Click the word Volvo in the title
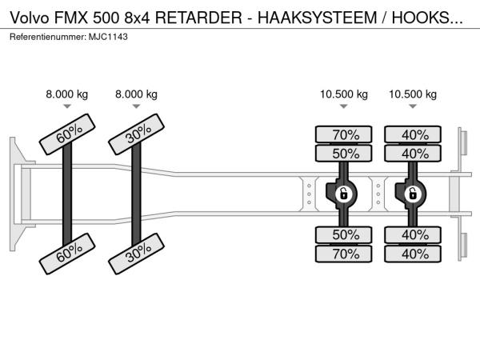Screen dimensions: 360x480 (25, 18)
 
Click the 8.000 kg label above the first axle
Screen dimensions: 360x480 (67, 94)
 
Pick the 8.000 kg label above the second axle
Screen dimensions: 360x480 (136, 94)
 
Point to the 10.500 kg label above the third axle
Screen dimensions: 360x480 (344, 94)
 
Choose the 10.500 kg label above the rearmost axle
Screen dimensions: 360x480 (413, 94)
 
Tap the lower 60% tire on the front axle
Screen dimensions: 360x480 (69, 254)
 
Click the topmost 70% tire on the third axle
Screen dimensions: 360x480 (344, 134)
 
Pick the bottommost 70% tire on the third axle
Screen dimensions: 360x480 (344, 254)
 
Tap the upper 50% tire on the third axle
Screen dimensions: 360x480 (344, 154)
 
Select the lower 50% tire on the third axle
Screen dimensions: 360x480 (344, 234)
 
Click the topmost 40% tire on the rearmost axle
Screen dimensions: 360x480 (413, 134)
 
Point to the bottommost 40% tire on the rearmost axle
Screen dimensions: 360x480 (413, 254)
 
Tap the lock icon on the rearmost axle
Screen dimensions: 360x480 (413, 194)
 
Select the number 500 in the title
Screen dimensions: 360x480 (95, 18)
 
